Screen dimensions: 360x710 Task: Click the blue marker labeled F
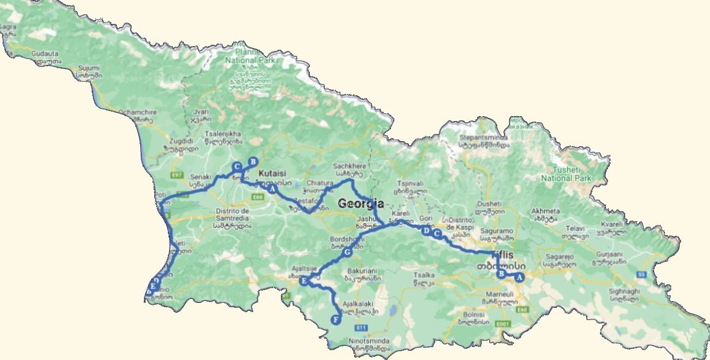click(335, 319)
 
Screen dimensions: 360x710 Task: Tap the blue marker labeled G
click(347, 252)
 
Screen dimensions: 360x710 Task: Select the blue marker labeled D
click(426, 230)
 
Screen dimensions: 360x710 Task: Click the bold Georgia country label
click(360, 204)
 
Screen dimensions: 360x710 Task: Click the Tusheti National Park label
click(566, 174)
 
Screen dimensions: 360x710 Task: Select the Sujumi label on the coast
click(85, 68)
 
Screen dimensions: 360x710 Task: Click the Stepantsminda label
click(486, 138)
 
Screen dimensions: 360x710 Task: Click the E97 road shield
click(177, 175)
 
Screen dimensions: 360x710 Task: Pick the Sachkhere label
click(349, 166)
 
